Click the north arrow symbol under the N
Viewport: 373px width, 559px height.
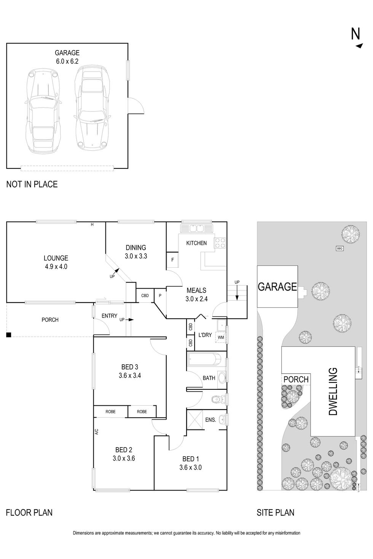359,46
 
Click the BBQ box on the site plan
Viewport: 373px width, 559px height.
340,248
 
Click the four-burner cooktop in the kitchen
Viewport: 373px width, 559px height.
220,243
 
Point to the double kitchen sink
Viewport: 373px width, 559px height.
197,228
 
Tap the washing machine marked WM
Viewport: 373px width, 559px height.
221,337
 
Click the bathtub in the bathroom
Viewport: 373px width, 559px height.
204,359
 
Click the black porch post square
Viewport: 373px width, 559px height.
9,335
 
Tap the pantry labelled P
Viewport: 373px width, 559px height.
160,295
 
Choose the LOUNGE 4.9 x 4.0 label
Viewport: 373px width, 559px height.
56,262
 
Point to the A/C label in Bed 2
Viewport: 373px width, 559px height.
97,432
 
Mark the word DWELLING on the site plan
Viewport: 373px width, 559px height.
333,391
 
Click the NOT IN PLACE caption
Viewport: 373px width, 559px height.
32,184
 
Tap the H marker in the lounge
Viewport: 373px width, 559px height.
92,225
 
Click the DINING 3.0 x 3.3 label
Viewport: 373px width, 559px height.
135,252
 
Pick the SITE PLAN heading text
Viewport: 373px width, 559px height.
275,513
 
